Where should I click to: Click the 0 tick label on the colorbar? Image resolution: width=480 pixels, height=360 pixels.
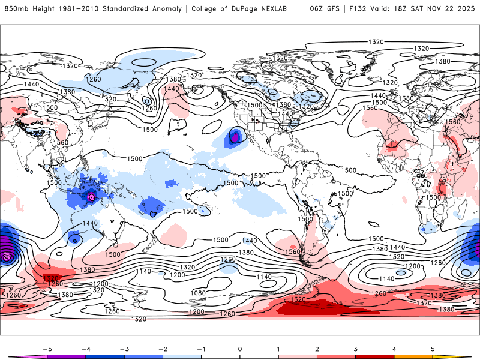[240, 349]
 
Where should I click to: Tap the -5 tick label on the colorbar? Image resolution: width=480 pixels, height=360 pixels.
[46, 349]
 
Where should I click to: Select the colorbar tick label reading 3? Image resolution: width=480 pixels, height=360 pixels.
[356, 349]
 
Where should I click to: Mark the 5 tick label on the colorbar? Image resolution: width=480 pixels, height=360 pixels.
[433, 349]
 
